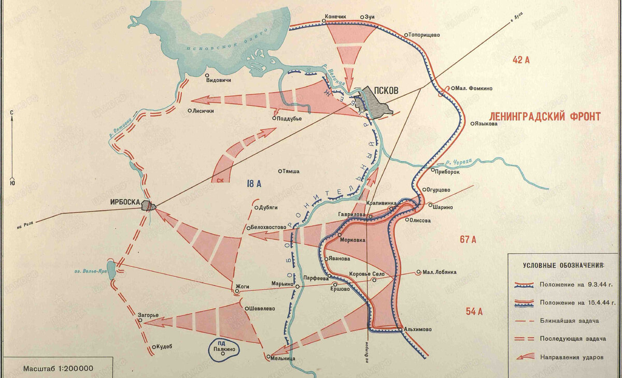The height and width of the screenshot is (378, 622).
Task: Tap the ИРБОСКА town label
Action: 124,203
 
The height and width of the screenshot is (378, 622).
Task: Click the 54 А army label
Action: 474,311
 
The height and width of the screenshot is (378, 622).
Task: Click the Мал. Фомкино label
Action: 475,89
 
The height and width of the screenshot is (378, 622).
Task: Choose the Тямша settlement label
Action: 292,171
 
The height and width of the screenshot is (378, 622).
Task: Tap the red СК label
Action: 220,180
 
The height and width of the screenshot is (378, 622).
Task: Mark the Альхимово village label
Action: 417,329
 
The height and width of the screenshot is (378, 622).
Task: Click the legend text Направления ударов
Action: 570,357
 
